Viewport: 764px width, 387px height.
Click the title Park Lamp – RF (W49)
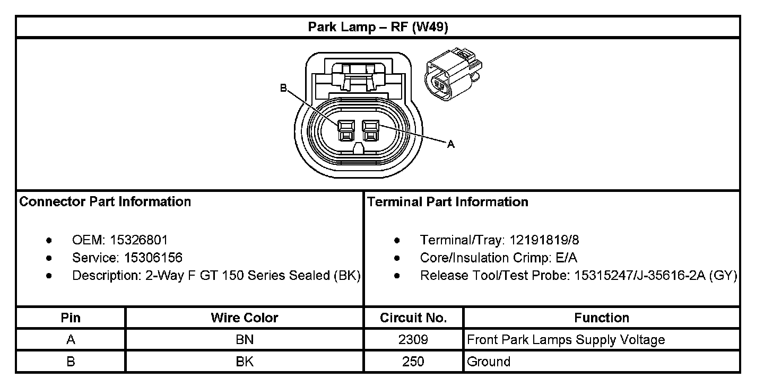tap(378, 27)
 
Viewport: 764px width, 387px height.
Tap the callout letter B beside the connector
tap(283, 88)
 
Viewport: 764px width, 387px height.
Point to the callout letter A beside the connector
tap(451, 144)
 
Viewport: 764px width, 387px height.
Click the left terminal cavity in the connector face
tap(345, 130)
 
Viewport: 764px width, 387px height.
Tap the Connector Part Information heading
tap(105, 202)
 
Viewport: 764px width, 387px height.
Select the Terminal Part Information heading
tap(447, 202)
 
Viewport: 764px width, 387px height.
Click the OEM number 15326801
tap(139, 240)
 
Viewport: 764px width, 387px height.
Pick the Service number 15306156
tap(153, 258)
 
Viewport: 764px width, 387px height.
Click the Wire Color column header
tap(244, 318)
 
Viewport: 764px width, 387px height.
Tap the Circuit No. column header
tap(413, 318)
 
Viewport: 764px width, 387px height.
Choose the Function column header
tap(601, 318)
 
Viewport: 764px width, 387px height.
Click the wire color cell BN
tap(244, 340)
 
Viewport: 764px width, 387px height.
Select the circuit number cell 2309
tap(413, 340)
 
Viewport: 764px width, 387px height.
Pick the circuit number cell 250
tap(413, 362)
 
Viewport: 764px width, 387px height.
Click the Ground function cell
tap(488, 362)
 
